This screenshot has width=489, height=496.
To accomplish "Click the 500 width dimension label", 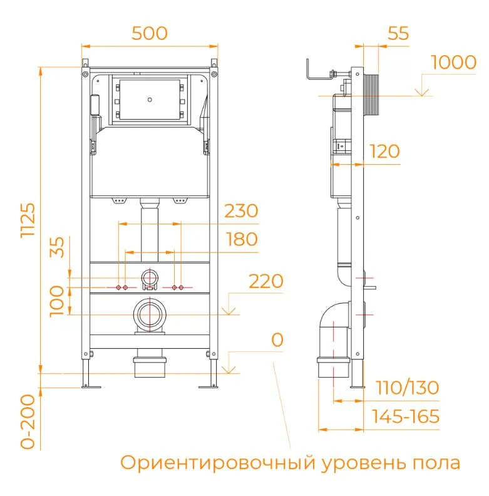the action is (149, 33).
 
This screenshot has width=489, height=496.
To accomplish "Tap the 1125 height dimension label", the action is (28, 220).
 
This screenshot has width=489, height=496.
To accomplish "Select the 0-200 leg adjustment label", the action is (28, 421).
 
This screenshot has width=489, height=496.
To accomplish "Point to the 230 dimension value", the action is (241, 211).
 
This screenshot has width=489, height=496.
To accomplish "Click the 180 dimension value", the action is (242, 239).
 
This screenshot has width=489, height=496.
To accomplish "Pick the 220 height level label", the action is (265, 281).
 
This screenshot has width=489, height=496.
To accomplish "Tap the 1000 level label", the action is (453, 63).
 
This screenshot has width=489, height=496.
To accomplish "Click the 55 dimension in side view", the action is (398, 33).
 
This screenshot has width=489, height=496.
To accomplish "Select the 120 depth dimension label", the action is (384, 152).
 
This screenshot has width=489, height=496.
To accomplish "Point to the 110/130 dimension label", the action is (408, 388).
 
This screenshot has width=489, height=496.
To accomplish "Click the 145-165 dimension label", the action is (406, 416).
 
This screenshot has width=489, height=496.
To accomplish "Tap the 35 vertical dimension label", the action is (57, 247).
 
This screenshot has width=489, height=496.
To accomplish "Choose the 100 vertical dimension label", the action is (57, 301).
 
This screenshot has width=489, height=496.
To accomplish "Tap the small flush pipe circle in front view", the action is (150, 278).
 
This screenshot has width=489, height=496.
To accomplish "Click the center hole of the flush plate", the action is (150, 100).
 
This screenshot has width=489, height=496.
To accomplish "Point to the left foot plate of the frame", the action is (91, 386).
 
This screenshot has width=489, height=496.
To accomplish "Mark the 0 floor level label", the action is (277, 340).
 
